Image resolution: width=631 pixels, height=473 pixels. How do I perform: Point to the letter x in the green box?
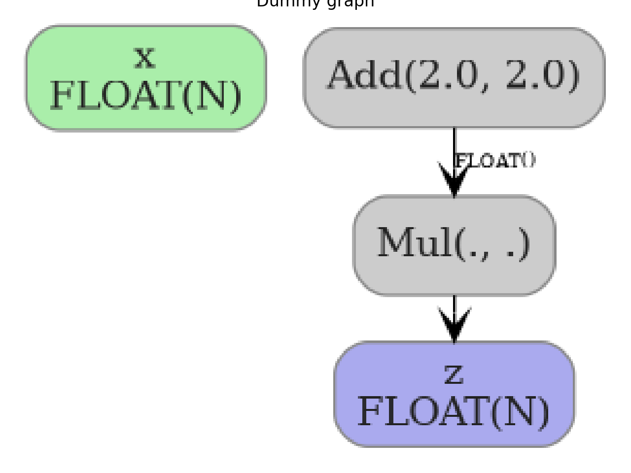tap(144, 58)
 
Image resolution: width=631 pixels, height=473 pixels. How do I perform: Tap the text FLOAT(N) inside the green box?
tap(146, 96)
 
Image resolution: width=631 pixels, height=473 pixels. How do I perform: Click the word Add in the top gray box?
tap(365, 75)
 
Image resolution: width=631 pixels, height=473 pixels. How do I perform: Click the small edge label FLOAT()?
tap(495, 161)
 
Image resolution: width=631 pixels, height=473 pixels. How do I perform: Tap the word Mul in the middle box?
tap(415, 243)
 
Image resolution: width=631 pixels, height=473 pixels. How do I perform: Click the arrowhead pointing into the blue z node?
tap(454, 326)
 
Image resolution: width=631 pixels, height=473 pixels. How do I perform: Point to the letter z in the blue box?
tap(454, 374)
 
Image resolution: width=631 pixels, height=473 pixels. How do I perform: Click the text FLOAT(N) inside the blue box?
tap(454, 412)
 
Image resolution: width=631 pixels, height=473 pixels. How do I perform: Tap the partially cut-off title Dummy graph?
tap(315, 3)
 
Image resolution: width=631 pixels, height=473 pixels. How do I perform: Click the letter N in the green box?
tap(214, 96)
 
